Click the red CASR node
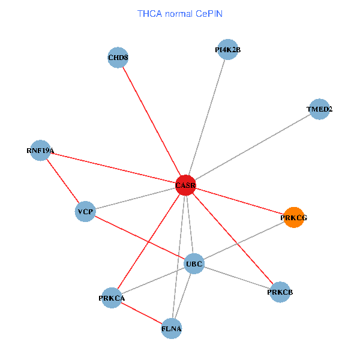tap(185, 185)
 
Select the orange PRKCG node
tap(293, 218)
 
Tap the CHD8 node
tap(118, 58)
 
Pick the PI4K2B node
tap(227, 50)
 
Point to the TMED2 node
tap(319, 109)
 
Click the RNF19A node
tap(40, 151)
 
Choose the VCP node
tap(85, 212)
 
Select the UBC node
tap(194, 263)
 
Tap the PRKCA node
tap(112, 298)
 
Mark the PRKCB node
tap(280, 292)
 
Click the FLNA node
tap(172, 328)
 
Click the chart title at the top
tap(180, 13)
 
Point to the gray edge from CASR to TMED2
tap(252, 148)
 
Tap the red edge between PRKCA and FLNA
tap(142, 313)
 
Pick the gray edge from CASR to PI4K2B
tap(206, 118)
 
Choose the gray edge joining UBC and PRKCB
tap(237, 278)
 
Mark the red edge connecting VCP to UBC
tap(140, 238)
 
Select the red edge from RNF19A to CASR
tap(113, 168)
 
